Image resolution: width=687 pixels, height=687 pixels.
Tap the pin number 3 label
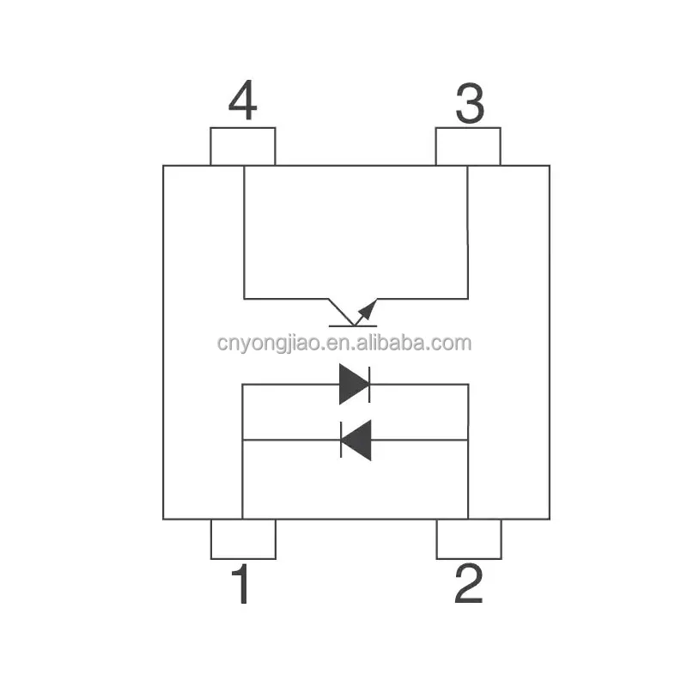468,105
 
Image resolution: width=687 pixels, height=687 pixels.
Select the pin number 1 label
242,585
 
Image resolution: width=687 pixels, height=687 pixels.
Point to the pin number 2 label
468,585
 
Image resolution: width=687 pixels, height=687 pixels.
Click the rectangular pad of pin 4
243,146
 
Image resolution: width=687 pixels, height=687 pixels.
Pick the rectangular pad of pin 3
468,146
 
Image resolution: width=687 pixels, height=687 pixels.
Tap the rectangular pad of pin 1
243,539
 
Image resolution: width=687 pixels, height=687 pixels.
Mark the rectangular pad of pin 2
468,539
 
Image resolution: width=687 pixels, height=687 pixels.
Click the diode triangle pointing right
352,384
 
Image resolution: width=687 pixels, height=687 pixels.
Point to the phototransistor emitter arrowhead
368,307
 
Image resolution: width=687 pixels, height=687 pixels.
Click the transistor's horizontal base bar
353,326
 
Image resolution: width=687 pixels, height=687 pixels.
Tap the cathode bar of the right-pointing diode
368,384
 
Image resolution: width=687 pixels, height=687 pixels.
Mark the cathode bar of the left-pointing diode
342,440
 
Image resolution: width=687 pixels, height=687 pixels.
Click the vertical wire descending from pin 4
244,232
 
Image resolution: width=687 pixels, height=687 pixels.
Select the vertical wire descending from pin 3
468,232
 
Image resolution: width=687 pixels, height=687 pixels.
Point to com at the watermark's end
453,343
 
